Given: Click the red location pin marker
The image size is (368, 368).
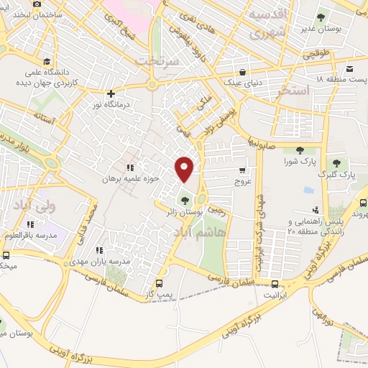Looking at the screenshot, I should [x=185, y=168].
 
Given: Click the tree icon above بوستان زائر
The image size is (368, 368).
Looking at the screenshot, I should [x=185, y=200].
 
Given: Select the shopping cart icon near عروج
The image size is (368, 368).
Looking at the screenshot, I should [x=242, y=170].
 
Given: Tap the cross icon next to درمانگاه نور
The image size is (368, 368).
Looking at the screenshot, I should [x=110, y=93].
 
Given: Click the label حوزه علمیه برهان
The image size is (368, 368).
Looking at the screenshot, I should [x=130, y=178].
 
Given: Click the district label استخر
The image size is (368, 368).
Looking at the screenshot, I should [x=296, y=91].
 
